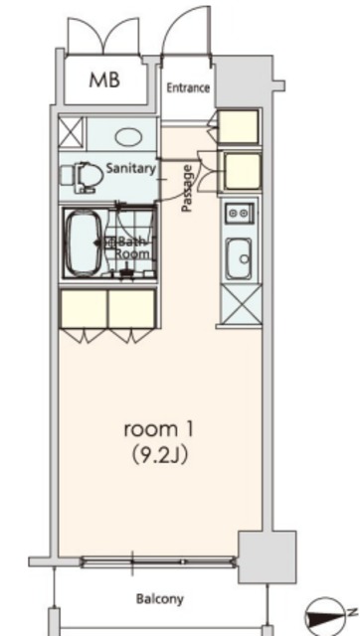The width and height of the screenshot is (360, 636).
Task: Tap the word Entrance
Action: tap(188, 87)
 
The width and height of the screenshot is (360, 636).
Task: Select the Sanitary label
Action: tap(130, 168)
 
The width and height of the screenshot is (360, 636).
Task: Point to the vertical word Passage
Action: tap(187, 188)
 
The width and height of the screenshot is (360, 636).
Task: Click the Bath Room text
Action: tap(130, 247)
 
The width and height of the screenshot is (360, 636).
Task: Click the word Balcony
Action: tap(159, 599)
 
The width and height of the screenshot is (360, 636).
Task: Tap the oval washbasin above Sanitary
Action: tap(126, 136)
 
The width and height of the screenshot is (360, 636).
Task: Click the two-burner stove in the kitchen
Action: tap(239, 213)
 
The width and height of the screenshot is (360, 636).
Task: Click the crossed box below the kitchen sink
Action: tap(239, 305)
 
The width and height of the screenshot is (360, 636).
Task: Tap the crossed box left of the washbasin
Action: tap(72, 133)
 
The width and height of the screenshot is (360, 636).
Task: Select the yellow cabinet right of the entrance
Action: tap(239, 126)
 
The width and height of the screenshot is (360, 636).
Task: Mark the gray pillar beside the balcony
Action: tap(268, 556)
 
